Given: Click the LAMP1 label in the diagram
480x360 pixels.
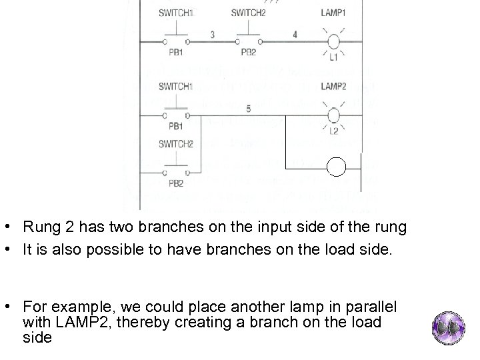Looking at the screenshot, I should tap(333, 13).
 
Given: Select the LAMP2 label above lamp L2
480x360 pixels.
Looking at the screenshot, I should tap(333, 87).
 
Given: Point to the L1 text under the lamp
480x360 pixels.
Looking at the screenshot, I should tap(333, 58).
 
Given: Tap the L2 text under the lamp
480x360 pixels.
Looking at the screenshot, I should tap(333, 131).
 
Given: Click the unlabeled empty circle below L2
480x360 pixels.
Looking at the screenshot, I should tap(337, 167).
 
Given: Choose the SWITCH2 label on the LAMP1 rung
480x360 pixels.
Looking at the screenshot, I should tap(247, 13).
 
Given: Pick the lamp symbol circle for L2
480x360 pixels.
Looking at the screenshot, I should tap(333, 115).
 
